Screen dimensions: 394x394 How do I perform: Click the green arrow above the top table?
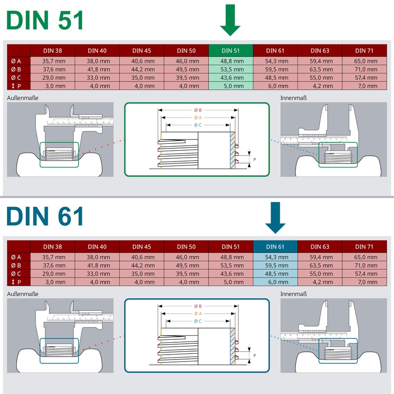[230, 21]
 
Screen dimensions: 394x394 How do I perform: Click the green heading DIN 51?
[46, 21]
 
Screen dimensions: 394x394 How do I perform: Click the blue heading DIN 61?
[46, 217]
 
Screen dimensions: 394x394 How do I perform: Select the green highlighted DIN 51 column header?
[230, 50]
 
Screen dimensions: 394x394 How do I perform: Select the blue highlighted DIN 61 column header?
[275, 246]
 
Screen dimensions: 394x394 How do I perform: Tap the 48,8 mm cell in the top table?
[230, 61]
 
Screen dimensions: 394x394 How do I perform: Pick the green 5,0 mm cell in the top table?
[230, 86]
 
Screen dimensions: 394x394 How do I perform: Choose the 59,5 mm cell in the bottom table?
[275, 265]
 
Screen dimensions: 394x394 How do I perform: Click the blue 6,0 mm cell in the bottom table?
[275, 282]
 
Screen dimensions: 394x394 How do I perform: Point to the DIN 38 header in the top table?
[53, 50]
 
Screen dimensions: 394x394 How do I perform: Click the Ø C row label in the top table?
[17, 78]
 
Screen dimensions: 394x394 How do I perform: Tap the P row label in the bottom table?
[17, 282]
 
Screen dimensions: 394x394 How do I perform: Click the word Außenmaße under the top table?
[23, 98]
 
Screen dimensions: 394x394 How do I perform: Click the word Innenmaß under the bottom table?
[294, 294]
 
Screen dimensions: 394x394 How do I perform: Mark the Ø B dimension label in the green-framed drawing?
[197, 110]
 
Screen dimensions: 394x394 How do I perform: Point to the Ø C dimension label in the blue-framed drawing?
[197, 321]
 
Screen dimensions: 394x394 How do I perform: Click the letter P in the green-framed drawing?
[255, 160]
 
